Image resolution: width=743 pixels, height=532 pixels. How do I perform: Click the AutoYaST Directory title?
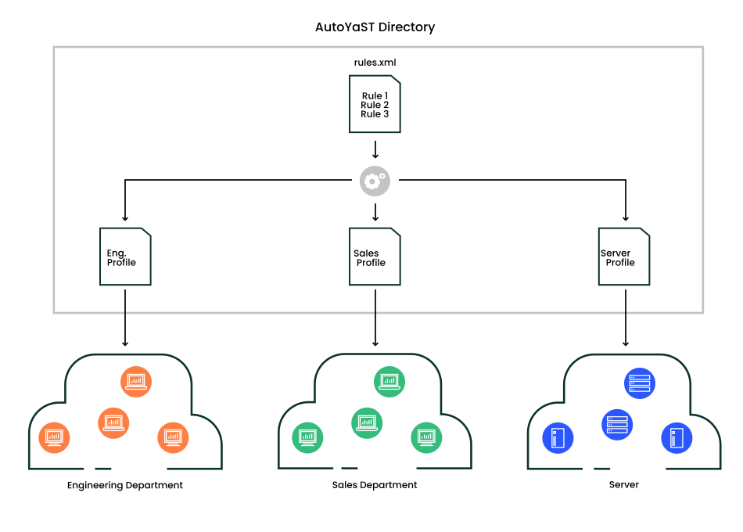(375, 27)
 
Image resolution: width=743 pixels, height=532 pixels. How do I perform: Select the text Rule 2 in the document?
(375, 105)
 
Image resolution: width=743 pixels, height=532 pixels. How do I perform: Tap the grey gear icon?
(375, 181)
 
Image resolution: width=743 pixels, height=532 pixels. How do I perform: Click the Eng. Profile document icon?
(125, 257)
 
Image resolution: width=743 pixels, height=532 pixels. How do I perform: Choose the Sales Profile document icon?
(375, 257)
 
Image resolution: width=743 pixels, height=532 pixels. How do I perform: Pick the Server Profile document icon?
(624, 257)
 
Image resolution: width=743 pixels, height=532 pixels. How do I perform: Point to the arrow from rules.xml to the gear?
(375, 149)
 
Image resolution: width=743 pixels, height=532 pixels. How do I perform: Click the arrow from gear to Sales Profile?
(375, 211)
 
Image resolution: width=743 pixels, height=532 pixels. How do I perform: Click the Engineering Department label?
(125, 486)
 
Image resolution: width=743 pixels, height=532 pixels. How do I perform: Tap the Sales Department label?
(375, 485)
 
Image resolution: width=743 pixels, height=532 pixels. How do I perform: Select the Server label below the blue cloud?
(624, 485)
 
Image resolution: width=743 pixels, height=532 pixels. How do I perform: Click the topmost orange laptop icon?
(136, 381)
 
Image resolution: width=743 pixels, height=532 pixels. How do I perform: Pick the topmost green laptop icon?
(389, 381)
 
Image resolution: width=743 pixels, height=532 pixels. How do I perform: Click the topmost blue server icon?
(640, 383)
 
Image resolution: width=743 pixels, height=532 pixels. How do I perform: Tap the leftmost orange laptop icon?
(54, 436)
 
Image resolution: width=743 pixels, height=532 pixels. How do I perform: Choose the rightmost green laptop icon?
(426, 436)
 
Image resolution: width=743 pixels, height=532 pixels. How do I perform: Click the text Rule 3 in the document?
(375, 114)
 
